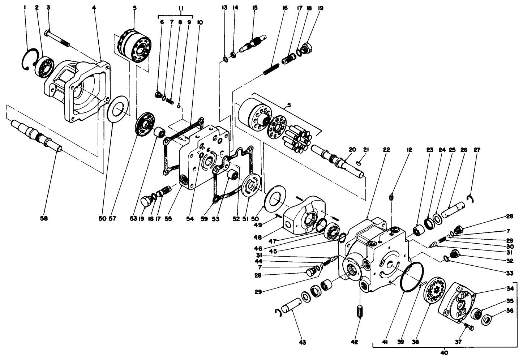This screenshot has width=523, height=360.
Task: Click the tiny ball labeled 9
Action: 179,106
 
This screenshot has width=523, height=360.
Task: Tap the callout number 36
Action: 500,310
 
